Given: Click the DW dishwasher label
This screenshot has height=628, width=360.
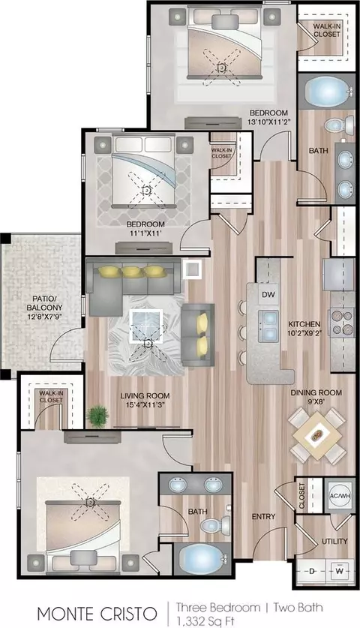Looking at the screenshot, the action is (268, 295).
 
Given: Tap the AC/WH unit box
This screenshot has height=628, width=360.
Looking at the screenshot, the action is (340, 496).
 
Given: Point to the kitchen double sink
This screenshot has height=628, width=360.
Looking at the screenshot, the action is (268, 325).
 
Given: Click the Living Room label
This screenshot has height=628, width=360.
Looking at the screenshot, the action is (145, 396).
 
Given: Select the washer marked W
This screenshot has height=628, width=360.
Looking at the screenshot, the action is (340, 571).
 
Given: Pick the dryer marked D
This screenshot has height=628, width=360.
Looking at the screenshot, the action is (311, 571).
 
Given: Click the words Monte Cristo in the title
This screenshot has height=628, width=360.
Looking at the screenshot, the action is (97, 614).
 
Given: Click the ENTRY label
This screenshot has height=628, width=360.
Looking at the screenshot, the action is (263, 517).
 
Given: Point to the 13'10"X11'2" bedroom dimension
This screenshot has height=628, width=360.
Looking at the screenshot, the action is (269, 122).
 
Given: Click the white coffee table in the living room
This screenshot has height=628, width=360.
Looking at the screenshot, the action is (145, 326).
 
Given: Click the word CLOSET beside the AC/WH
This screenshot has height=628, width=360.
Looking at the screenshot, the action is (302, 496).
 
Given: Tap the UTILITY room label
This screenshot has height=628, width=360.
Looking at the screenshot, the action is (334, 542).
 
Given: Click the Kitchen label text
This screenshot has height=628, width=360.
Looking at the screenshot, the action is (304, 324).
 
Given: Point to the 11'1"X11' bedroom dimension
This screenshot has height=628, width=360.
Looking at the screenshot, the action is (145, 233).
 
